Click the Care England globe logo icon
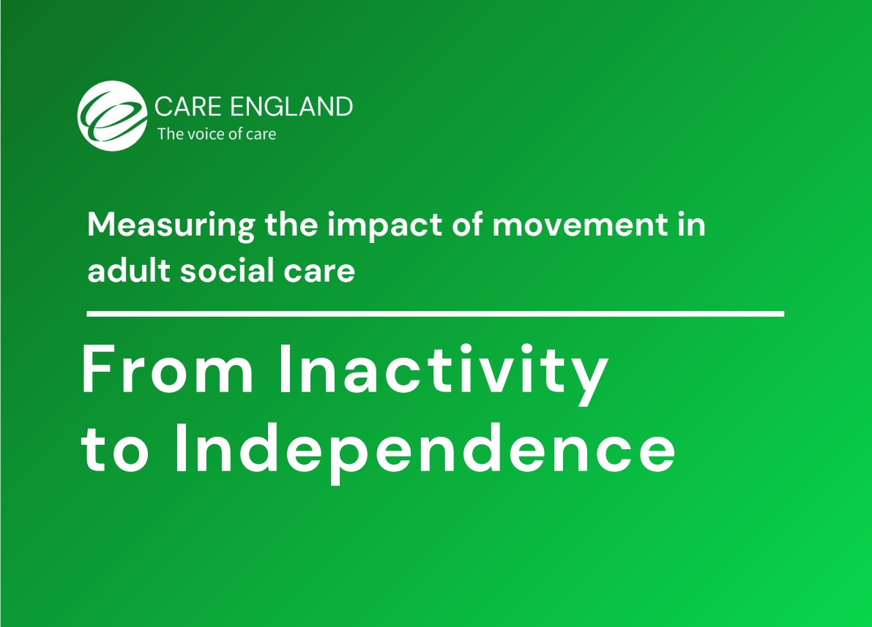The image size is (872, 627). click(x=112, y=115)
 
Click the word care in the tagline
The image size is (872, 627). click(x=261, y=135)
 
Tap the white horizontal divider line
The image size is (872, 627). click(x=435, y=314)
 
